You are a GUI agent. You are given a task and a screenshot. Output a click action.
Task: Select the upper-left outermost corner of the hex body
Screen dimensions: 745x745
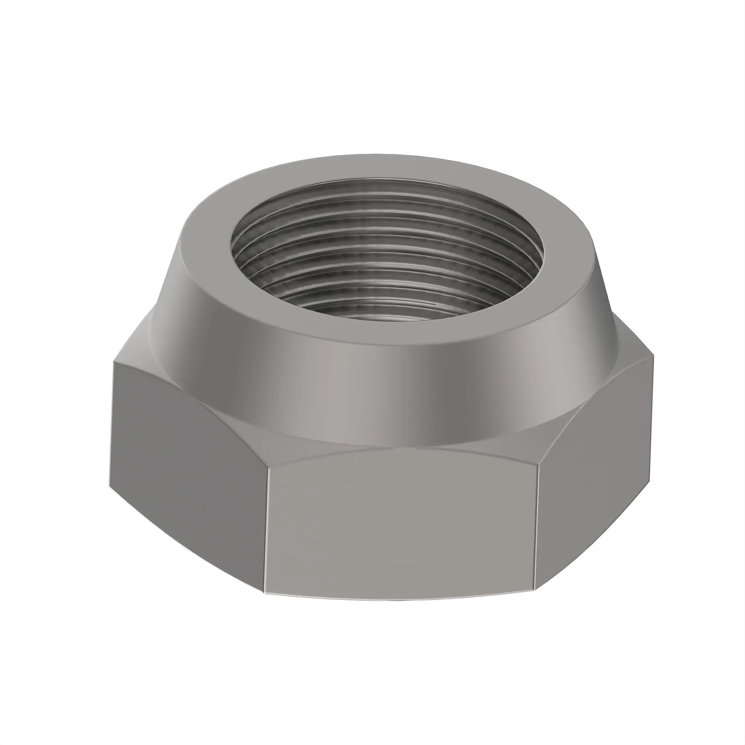tap(114, 361)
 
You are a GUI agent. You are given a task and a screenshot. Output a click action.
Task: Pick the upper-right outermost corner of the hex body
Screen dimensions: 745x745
tap(654, 355)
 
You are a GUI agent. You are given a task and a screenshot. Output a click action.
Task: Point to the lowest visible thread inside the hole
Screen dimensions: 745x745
tap(386, 307)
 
